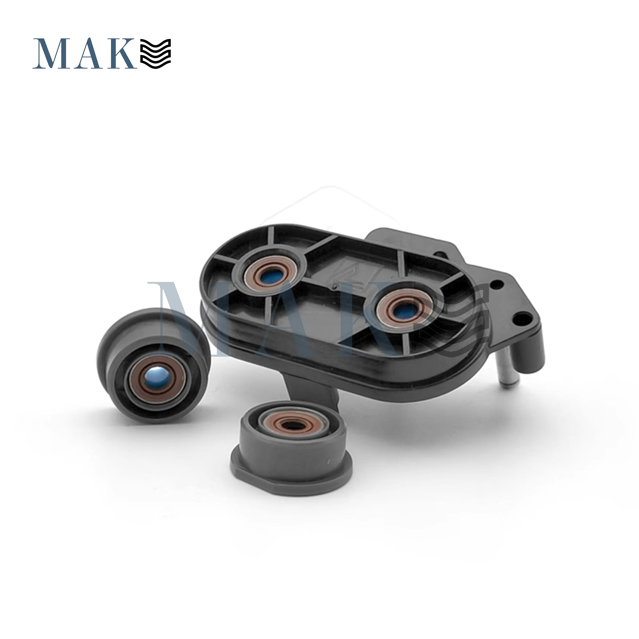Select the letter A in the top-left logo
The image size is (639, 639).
tap(90, 54)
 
